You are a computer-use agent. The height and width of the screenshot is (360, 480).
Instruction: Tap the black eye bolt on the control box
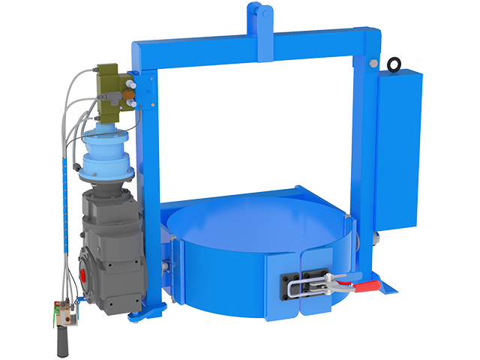(394, 65)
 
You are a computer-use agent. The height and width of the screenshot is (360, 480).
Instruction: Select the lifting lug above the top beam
(258, 16)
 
